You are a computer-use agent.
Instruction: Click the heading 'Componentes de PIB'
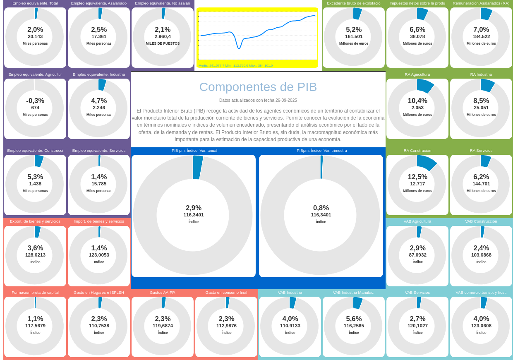click(258, 87)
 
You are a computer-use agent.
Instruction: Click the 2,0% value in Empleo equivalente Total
click(35, 30)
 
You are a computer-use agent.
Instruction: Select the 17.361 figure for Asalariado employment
click(99, 36)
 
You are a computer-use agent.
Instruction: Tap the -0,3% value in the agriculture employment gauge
click(35, 101)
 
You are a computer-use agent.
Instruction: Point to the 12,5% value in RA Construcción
click(417, 177)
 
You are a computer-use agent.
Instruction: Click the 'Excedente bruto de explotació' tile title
click(354, 3)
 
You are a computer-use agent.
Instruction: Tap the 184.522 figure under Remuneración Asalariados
click(481, 36)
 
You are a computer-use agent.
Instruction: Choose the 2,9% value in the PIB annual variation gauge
click(194, 208)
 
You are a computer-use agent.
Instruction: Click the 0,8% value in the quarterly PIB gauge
click(321, 208)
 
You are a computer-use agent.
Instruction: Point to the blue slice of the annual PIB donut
click(198, 167)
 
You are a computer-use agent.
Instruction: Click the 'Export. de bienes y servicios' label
click(35, 221)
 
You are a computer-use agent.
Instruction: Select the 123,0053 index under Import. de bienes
click(99, 255)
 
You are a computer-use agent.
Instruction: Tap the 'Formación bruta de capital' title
click(35, 293)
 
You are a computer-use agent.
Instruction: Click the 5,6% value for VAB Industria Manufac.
click(354, 319)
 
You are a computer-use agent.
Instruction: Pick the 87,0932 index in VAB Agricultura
click(417, 255)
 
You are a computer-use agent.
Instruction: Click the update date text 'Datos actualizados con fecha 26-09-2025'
click(258, 101)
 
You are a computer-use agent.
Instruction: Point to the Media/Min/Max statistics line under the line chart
click(235, 65)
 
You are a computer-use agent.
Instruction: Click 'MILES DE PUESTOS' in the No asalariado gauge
click(163, 43)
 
